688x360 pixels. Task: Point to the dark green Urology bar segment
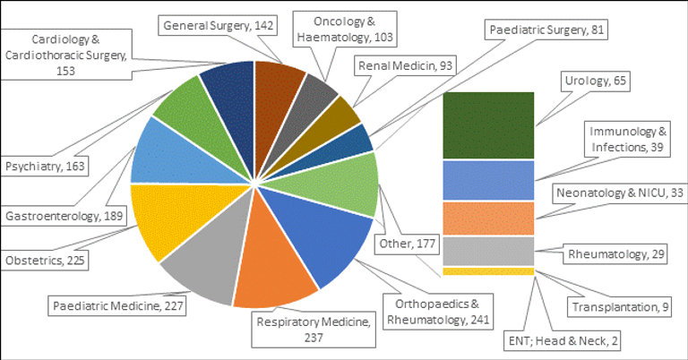(489, 125)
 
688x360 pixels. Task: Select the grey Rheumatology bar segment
(489, 252)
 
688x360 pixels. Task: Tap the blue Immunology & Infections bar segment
(489, 179)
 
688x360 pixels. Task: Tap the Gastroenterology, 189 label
(64, 215)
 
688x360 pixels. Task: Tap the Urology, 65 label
(597, 81)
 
